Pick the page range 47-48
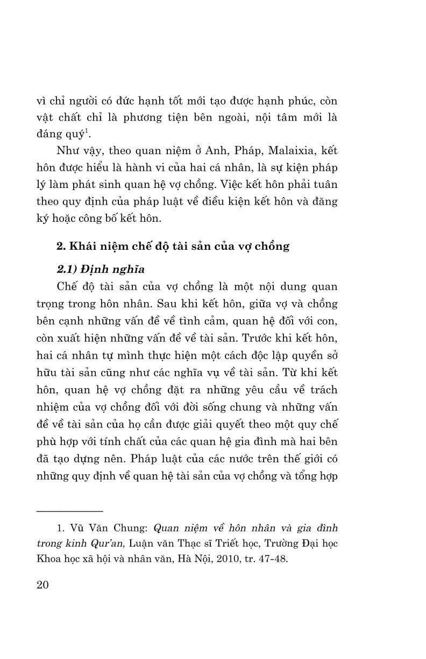pyautogui.click(x=272, y=558)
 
